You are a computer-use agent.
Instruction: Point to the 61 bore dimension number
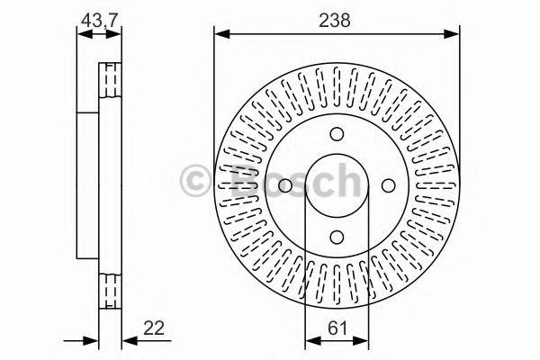click(x=336, y=329)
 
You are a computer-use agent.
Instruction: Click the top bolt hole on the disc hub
click(x=336, y=134)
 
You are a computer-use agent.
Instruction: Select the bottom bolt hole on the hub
click(x=336, y=237)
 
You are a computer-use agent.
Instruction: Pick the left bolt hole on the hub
click(x=284, y=185)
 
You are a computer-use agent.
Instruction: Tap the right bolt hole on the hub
click(x=388, y=185)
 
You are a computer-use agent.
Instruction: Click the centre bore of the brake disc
click(x=336, y=185)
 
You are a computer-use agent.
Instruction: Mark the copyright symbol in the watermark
click(x=195, y=179)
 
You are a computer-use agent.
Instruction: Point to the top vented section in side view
click(x=110, y=78)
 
